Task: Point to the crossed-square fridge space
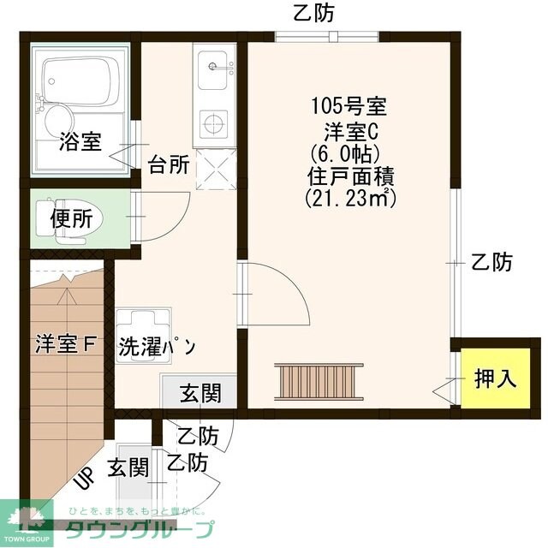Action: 213,170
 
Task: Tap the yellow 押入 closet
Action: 496,377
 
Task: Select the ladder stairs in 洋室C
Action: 319,378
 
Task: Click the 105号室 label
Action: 348,108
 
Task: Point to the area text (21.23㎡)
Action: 348,198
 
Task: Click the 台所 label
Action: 169,164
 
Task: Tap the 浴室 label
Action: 80,142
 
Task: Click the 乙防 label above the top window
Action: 313,12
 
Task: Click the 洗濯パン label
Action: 158,347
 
